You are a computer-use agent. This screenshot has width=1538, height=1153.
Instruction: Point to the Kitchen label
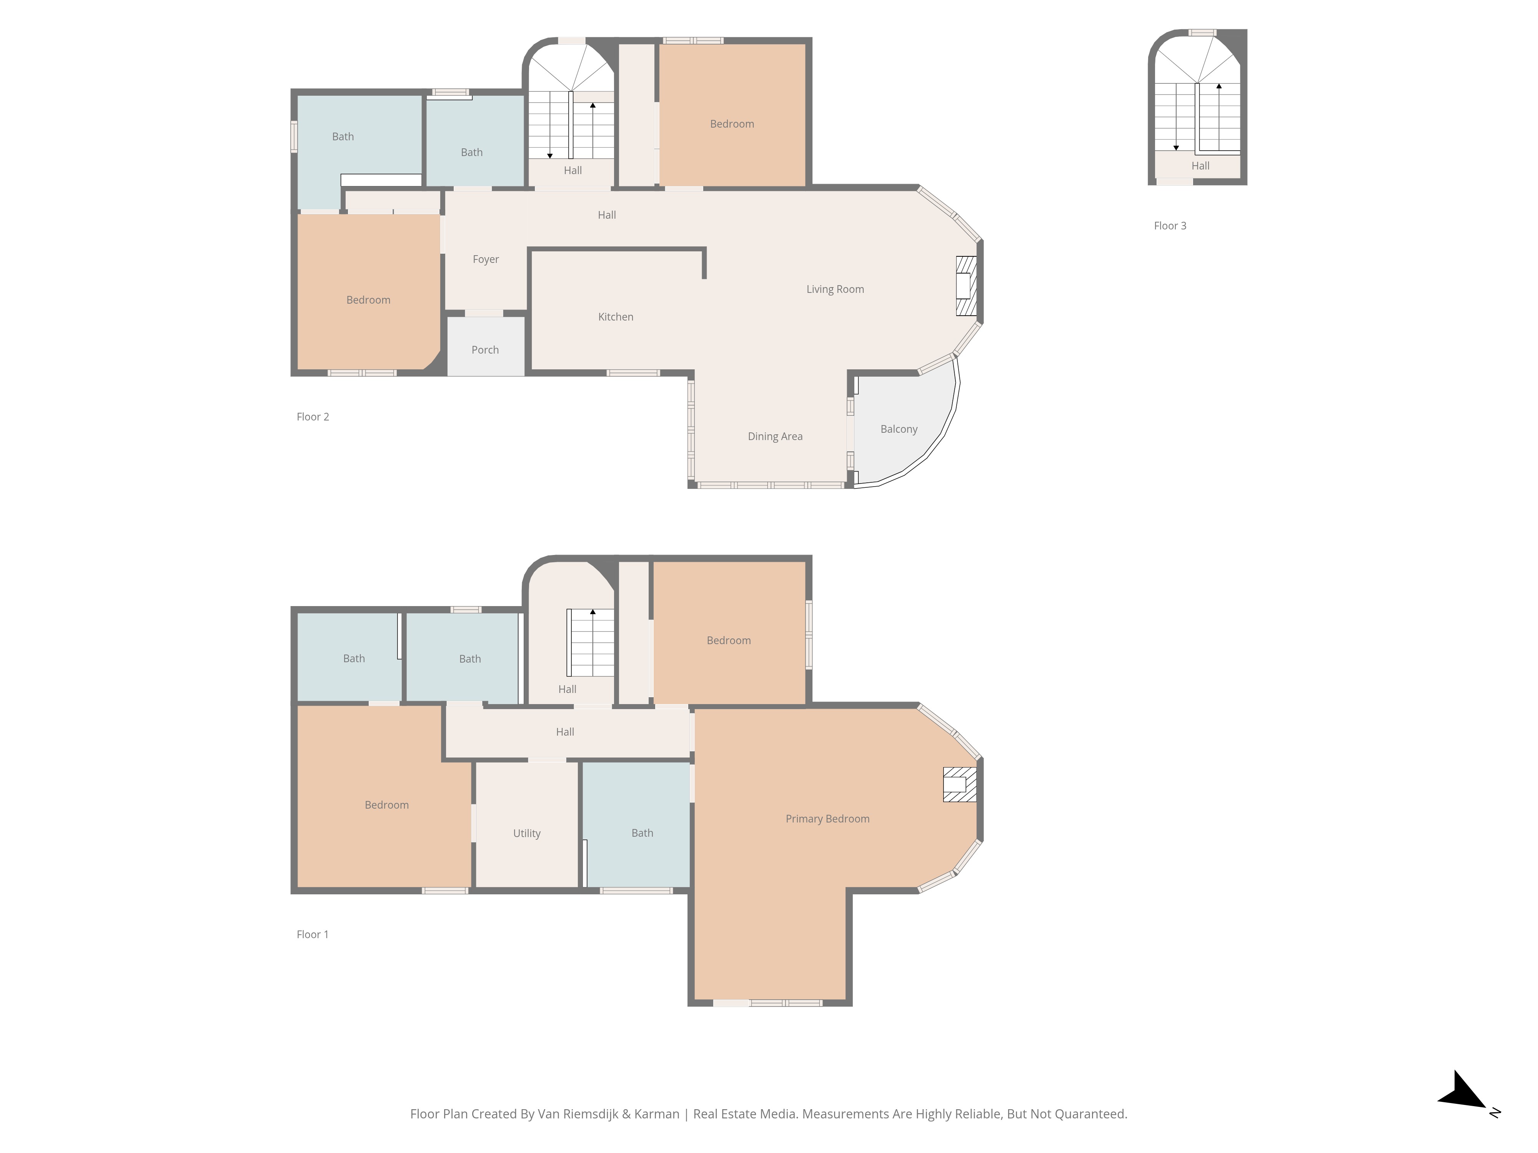click(615, 317)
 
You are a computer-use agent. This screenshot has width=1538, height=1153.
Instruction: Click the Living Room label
click(835, 289)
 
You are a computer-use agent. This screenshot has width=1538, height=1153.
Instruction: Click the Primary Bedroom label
click(827, 819)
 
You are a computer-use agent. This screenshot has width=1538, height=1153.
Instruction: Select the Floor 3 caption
click(1170, 226)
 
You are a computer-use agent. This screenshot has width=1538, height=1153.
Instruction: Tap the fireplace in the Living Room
click(966, 286)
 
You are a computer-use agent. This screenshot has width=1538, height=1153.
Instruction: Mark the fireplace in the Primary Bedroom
click(959, 785)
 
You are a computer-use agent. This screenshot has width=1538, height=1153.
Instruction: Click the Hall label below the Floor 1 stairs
click(568, 689)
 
